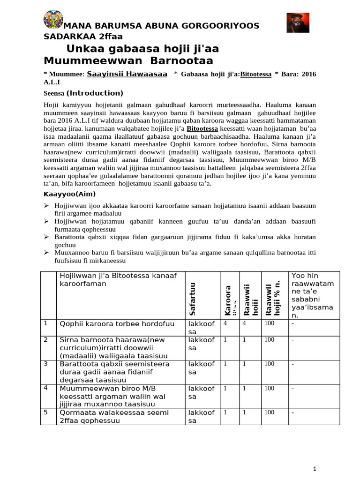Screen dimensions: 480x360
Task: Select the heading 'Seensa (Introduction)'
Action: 83,93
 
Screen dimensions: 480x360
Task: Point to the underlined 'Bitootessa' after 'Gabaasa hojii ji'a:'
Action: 255,74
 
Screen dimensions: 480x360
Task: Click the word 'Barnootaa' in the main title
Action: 174,60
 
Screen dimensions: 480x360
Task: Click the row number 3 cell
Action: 46,363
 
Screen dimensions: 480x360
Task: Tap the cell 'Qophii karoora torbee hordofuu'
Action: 117,323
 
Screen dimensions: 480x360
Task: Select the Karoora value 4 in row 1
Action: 225,323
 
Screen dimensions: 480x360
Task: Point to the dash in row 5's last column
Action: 292,412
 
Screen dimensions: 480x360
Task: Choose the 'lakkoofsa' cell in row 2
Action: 201,344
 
